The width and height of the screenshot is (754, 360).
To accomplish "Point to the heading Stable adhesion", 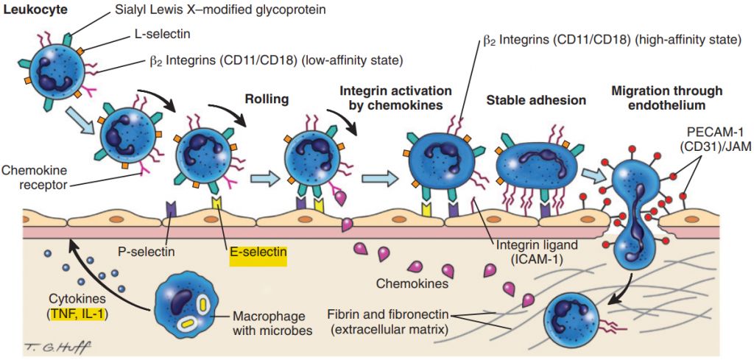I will [x=536, y=100].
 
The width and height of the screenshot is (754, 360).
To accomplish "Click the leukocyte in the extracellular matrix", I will [x=569, y=316].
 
